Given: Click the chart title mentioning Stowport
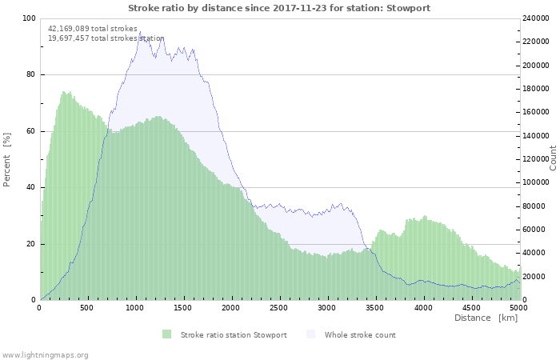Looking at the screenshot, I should [x=280, y=8].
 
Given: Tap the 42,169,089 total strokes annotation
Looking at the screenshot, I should [x=93, y=29].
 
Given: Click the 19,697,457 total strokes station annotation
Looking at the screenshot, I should [x=106, y=38].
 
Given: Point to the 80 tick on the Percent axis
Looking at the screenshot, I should [x=31, y=75].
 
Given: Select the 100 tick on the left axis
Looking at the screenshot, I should [x=29, y=18].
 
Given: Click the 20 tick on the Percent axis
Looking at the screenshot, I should [x=31, y=244].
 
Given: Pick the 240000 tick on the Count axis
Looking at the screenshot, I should [x=536, y=18].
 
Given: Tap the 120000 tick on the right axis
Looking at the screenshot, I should [x=536, y=159].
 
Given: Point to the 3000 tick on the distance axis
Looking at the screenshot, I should [x=327, y=307].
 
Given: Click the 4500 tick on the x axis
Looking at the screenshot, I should [x=470, y=307].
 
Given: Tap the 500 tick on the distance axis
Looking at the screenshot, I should [x=87, y=307].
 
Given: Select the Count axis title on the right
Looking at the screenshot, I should [x=553, y=158].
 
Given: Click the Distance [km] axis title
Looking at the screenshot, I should [x=486, y=318].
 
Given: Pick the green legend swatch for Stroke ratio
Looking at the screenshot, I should [x=166, y=334].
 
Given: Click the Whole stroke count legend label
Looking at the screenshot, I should [x=360, y=334].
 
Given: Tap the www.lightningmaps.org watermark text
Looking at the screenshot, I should [x=46, y=354].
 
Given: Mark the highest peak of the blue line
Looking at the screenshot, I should [x=139, y=33].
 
